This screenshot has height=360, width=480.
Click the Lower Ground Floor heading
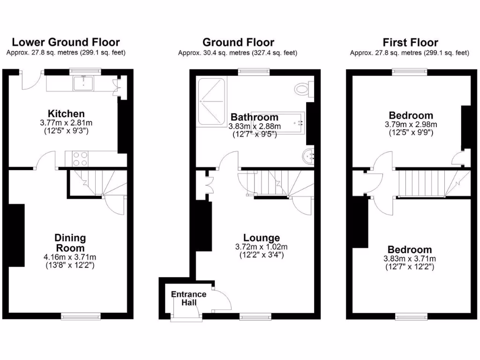point(66,42)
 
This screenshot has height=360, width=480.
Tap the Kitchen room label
point(66,114)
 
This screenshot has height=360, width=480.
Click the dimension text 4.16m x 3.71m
point(70,257)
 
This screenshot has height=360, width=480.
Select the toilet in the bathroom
point(303,88)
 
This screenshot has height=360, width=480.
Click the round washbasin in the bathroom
point(309,156)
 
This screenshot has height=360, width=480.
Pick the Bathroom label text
point(254,117)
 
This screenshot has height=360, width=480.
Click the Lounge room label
point(262,238)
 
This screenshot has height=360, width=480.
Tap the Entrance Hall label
point(188,299)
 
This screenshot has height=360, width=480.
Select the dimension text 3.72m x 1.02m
point(262,247)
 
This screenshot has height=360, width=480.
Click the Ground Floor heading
point(238,42)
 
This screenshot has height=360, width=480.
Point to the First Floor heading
point(410,42)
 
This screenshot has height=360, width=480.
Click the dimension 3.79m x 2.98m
point(411,125)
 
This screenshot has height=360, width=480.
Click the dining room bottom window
point(81,317)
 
